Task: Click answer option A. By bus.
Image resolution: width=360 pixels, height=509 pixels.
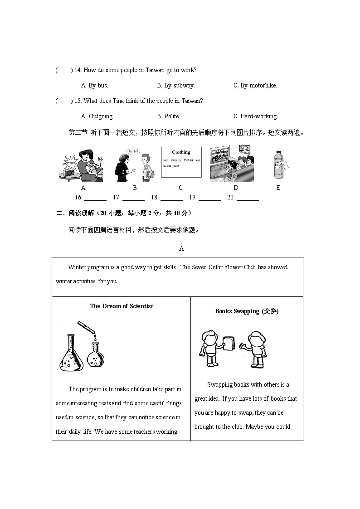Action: pos(94,85)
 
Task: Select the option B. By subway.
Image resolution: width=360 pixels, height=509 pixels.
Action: pos(175,85)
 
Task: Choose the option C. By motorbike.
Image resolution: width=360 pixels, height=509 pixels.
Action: pos(255,85)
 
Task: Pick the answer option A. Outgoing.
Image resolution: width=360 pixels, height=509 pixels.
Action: pos(97,116)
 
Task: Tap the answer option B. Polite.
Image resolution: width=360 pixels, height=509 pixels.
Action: pos(168,116)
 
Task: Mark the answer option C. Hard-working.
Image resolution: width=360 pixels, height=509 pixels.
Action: pos(255,116)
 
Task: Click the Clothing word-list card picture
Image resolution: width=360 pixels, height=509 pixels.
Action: pos(181,162)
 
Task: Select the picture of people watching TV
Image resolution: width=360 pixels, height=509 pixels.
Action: pos(232,164)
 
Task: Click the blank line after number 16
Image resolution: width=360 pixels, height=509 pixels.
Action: pos(95,198)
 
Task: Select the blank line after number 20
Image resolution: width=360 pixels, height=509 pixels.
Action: pos(248,198)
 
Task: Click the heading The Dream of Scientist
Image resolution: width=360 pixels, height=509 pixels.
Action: pos(122,306)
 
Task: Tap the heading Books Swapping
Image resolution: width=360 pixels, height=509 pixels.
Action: pos(247,311)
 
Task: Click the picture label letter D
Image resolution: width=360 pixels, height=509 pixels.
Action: pos(236,188)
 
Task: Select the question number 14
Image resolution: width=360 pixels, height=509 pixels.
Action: pos(78,70)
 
